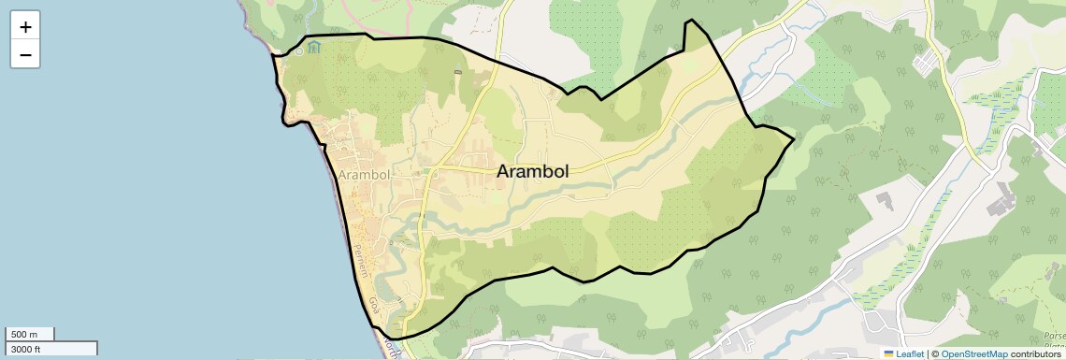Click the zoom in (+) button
pyautogui.click(x=25, y=27)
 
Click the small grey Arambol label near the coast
pyautogui.click(x=365, y=175)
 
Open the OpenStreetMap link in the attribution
pyautogui.click(x=974, y=353)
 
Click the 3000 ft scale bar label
pyautogui.click(x=27, y=349)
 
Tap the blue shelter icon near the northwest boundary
pyautogui.click(x=313, y=48)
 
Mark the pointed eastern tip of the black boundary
pyautogui.click(x=794, y=140)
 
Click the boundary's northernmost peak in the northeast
pyautogui.click(x=690, y=20)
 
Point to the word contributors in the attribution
pyautogui.click(x=1037, y=353)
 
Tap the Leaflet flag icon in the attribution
pyautogui.click(x=889, y=353)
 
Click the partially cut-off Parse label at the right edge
pyautogui.click(x=1055, y=336)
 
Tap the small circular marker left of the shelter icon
pyautogui.click(x=298, y=50)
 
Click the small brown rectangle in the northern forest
pyautogui.click(x=457, y=72)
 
